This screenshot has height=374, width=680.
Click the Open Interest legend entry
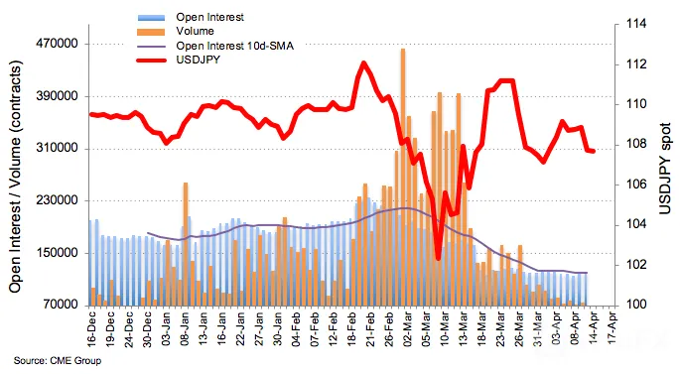(209, 17)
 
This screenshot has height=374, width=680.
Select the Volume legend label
(195, 31)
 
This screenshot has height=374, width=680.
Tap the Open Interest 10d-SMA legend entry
(234, 46)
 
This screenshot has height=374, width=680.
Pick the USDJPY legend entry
(198, 60)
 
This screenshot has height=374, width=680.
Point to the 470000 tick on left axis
(59, 44)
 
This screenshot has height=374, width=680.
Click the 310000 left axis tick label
(59, 149)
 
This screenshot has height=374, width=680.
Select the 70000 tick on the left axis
(62, 306)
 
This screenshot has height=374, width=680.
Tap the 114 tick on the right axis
(635, 24)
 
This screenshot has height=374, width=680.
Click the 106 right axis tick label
(635, 185)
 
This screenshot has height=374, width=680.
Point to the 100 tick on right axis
(635, 305)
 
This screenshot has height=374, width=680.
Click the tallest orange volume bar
(403, 177)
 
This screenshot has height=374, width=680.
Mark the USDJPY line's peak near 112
(363, 63)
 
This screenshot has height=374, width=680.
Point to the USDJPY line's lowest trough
(438, 258)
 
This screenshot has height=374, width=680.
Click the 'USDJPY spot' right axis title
(665, 169)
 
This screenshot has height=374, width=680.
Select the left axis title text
(15, 177)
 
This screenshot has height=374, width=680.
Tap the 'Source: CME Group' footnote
(58, 360)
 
